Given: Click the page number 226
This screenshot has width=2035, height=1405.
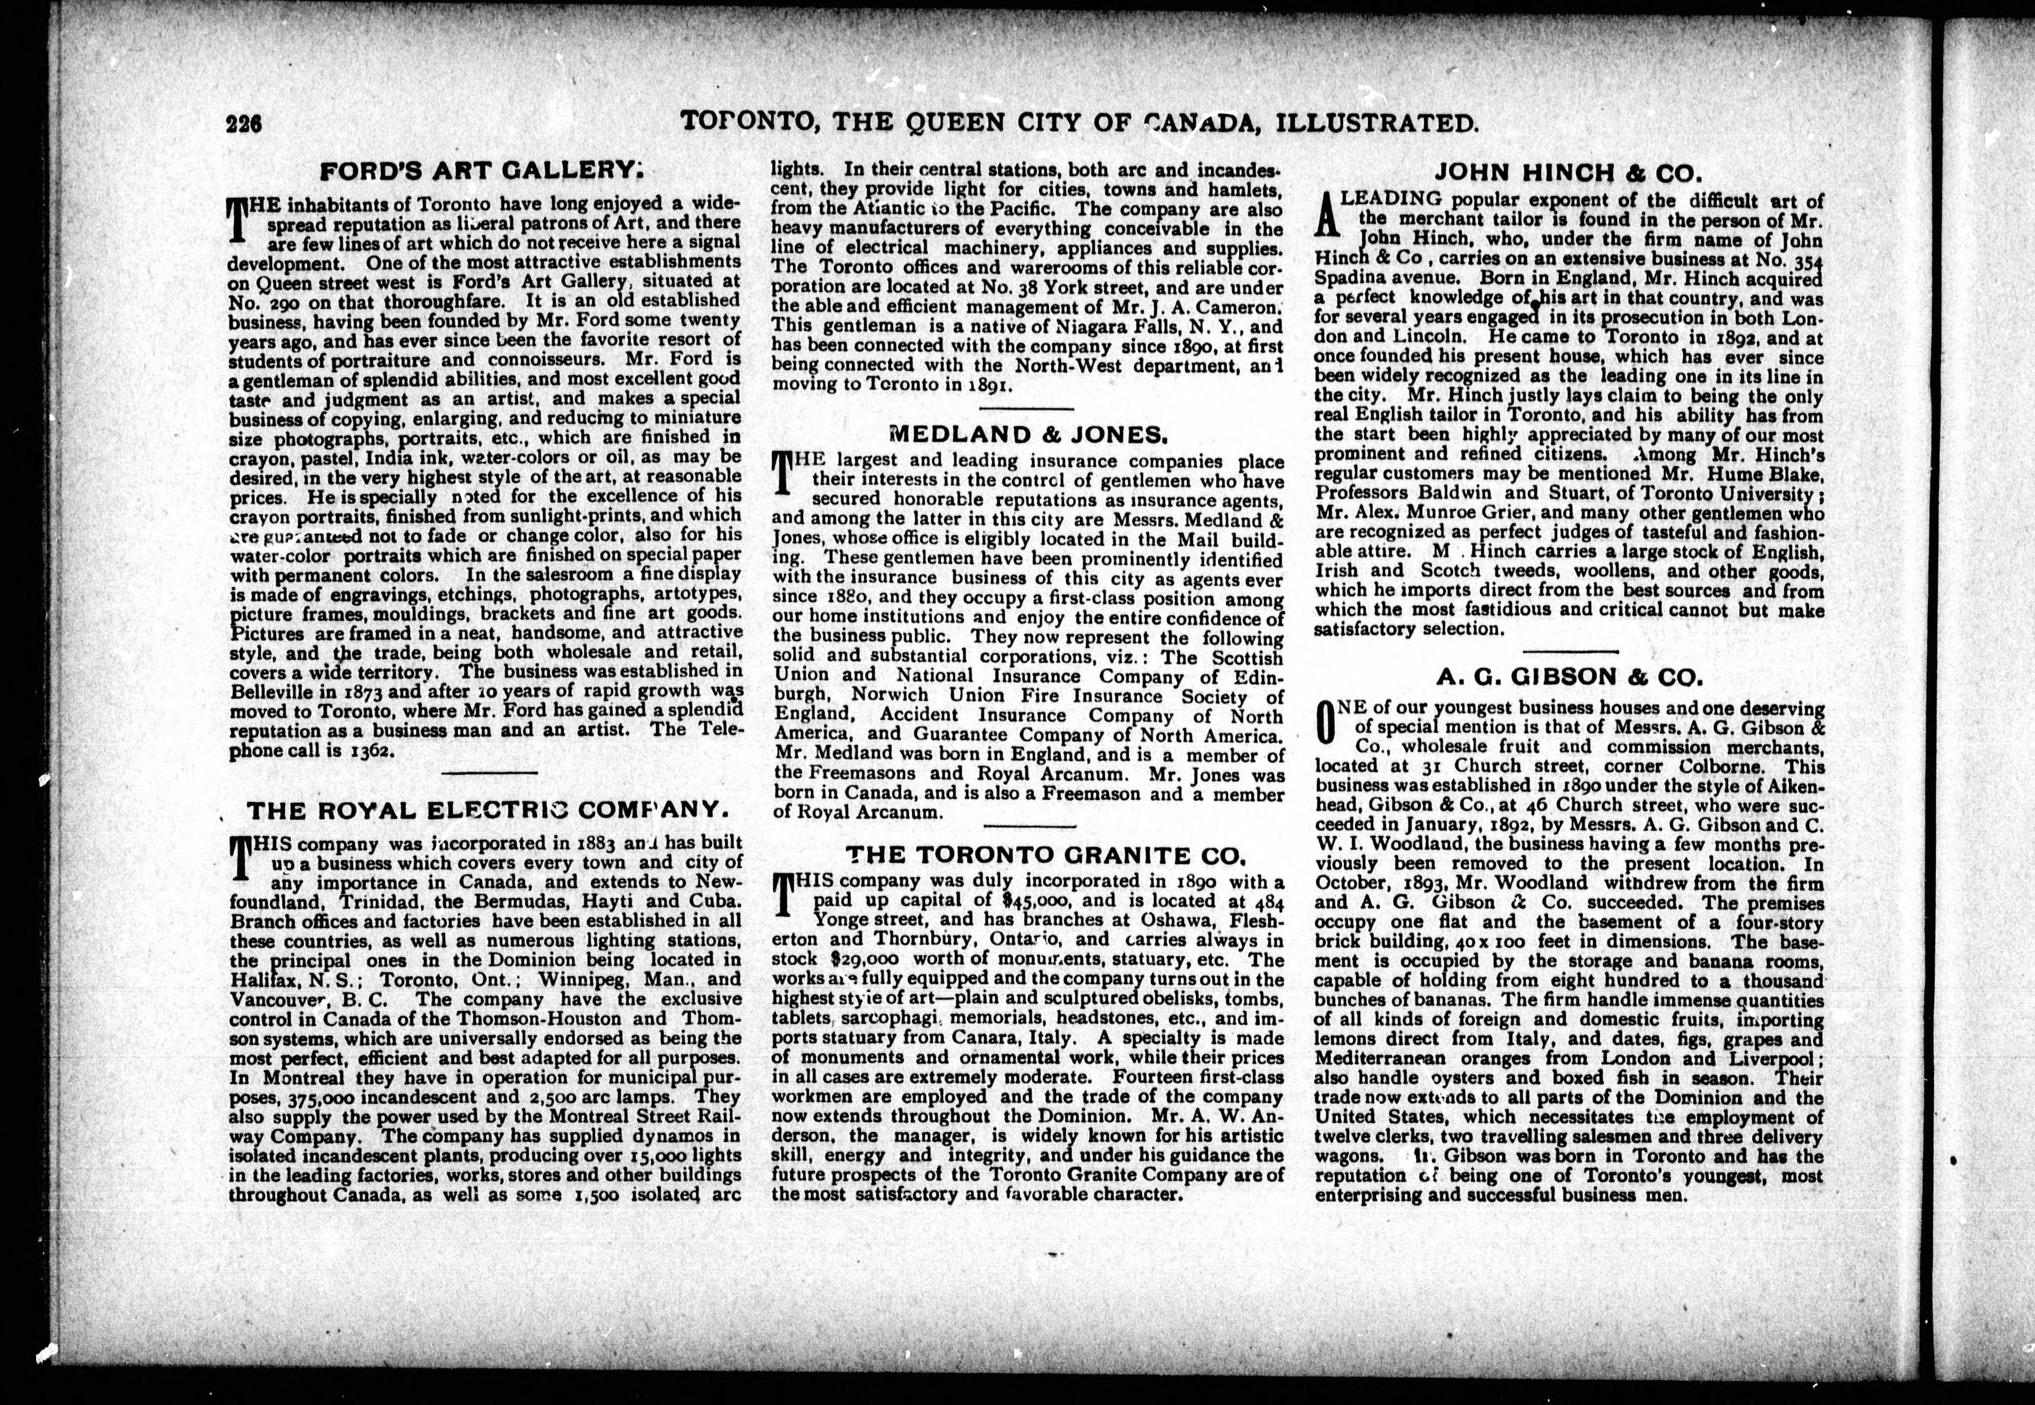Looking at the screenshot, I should point(244,124).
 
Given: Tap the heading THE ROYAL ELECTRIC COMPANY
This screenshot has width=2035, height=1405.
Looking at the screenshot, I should point(488,811).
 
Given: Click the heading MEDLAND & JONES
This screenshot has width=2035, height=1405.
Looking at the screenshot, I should point(1028,434).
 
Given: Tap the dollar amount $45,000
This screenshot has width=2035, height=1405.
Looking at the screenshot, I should point(1037,900).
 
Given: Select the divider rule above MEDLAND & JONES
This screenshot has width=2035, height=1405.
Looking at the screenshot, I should point(1027,408).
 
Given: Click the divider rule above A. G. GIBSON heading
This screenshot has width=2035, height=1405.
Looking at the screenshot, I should point(1570,651).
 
